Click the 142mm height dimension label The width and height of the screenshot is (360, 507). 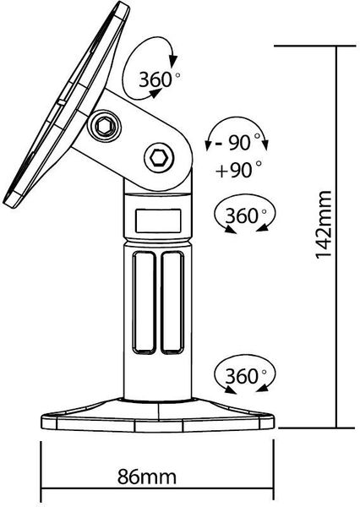(324, 225)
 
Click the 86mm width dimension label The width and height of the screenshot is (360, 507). (147, 477)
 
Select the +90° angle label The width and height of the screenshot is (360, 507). (238, 169)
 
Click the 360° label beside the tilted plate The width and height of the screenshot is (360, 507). (160, 79)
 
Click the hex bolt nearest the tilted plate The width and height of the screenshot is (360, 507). (105, 126)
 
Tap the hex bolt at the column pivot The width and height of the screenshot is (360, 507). (159, 158)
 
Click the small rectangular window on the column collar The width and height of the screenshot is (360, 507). (158, 221)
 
